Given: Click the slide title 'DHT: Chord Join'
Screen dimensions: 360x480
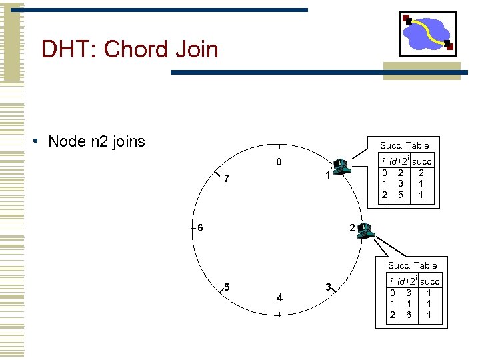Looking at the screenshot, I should [129, 49].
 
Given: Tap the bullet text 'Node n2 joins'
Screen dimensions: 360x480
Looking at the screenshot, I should [97, 141].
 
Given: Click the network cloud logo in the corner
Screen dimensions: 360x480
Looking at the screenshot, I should [427, 33].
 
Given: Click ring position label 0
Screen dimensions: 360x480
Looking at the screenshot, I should [279, 162].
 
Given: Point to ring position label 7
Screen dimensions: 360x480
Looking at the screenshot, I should [227, 179].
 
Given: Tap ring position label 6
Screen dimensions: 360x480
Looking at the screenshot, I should [199, 227].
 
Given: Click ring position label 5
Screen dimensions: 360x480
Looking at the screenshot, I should [227, 287].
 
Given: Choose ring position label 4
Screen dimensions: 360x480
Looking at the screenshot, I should [279, 297].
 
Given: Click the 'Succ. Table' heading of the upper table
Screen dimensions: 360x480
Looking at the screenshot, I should [404, 145].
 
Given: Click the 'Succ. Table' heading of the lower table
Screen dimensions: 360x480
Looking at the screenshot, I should [413, 265].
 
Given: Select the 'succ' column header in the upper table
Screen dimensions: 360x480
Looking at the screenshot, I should [421, 161].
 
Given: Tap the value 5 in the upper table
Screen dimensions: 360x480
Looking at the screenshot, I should [401, 195].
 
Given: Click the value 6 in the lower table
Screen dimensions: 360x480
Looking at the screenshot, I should [409, 315].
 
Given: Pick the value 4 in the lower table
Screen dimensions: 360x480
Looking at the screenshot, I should [409, 303].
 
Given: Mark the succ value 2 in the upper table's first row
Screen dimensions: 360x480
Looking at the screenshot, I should [421, 172].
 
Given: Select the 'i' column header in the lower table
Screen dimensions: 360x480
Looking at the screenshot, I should [393, 282].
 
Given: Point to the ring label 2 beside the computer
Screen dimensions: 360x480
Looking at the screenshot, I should [351, 229].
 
